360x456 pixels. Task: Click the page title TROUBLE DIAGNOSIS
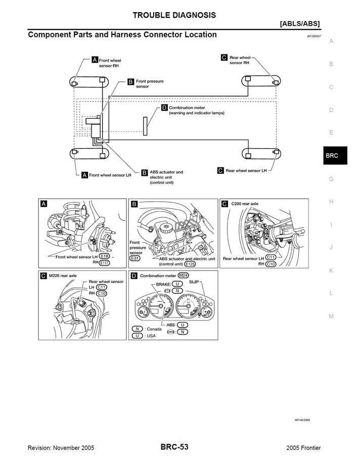(x=174, y=15)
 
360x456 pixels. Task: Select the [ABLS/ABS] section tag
(x=299, y=24)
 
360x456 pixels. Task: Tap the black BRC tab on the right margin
(x=332, y=156)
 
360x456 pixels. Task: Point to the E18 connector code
(x=105, y=257)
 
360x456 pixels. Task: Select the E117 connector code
(x=105, y=263)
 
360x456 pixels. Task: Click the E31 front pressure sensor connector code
(x=135, y=258)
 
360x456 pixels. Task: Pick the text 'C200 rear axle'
(x=245, y=203)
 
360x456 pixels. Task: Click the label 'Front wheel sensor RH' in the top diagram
(x=110, y=63)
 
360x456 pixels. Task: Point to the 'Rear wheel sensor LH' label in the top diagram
(x=246, y=171)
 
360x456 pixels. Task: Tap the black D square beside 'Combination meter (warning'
(x=164, y=108)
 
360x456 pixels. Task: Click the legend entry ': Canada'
(x=153, y=329)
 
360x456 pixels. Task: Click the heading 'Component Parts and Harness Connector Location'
(x=122, y=35)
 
